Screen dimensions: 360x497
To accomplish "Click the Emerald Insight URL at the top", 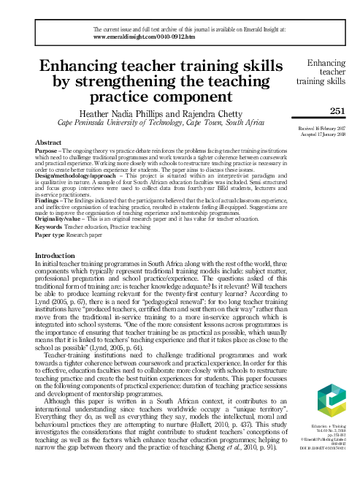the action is click(x=141, y=35).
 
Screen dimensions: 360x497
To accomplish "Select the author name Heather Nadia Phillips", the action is click(x=131, y=114).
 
